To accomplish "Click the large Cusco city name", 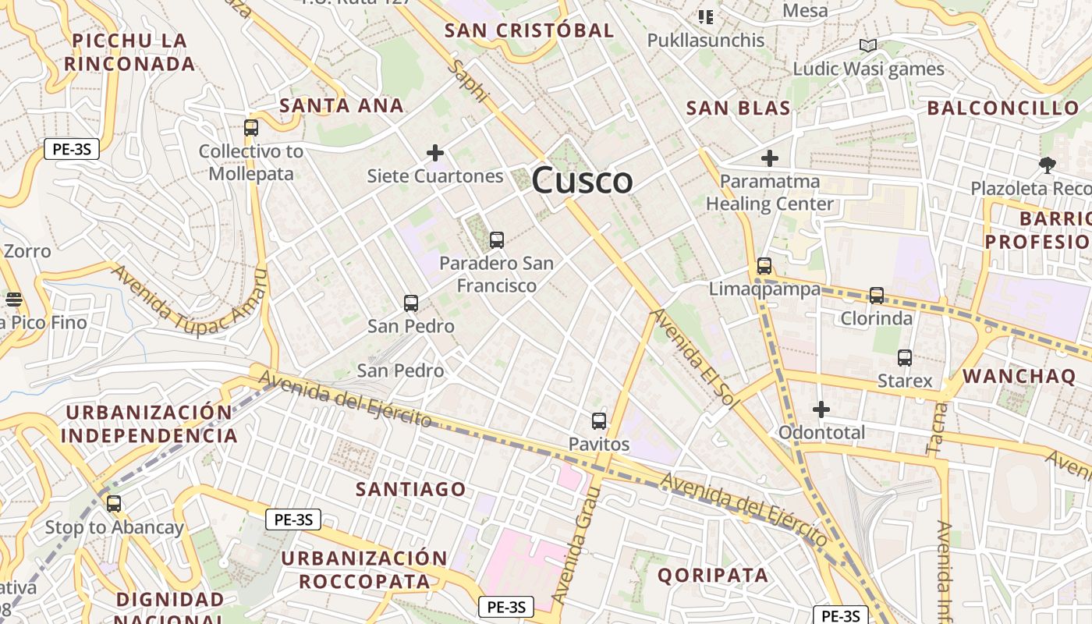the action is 582,181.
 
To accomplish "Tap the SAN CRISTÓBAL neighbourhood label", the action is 529,30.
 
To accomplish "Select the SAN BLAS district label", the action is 739,108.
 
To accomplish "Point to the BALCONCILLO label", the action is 1003,108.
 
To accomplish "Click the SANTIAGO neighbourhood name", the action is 411,489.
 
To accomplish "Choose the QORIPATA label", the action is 713,576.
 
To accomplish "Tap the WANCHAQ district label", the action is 1019,376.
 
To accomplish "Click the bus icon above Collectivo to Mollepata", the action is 251,128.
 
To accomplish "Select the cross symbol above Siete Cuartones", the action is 435,153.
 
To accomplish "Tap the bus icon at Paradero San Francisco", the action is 497,240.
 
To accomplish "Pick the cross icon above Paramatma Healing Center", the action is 770,158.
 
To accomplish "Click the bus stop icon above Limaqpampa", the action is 764,266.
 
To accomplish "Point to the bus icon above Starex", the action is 905,358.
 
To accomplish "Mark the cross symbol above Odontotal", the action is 821,409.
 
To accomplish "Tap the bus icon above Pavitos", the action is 599,421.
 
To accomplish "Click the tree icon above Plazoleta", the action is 1047,165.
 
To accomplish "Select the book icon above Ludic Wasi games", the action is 868,45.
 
